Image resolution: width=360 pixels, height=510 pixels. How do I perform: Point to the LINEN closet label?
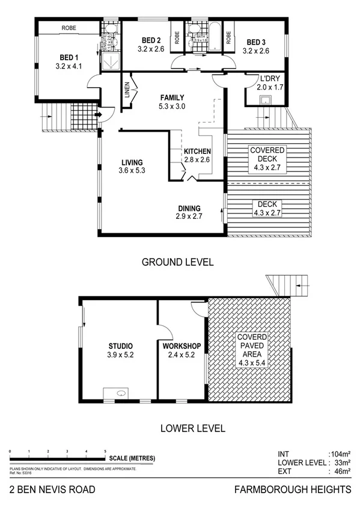pos(127,90)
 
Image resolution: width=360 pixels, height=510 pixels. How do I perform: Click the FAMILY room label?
pos(172,97)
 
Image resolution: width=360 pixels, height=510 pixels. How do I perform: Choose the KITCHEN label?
pos(197,151)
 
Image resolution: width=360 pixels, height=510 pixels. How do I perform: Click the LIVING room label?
pos(132,162)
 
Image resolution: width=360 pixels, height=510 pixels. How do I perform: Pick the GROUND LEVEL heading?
pos(177,262)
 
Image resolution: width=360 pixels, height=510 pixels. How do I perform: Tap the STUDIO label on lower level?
pos(120,346)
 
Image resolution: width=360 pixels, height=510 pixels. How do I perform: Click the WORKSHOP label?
pos(182,346)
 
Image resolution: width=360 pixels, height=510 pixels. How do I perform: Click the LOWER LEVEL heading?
pos(192,429)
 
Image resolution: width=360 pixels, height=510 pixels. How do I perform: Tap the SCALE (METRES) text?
pos(132,458)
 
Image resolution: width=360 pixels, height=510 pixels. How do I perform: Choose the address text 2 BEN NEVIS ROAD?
pos(52,490)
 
